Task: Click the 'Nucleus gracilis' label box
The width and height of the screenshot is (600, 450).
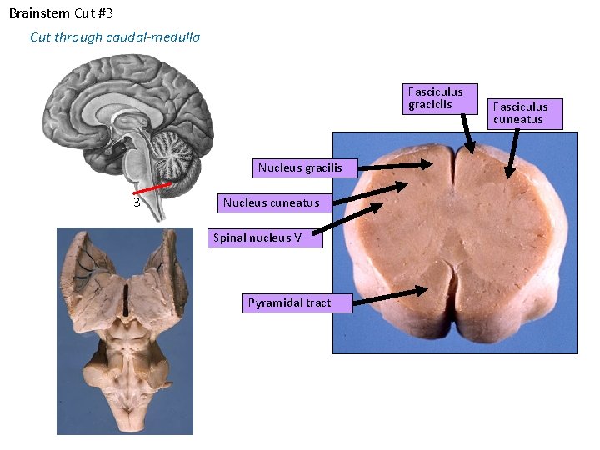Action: pos(300,167)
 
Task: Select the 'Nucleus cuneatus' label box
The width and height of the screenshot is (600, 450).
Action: pos(271,202)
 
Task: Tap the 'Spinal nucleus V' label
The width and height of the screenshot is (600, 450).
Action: pos(257,237)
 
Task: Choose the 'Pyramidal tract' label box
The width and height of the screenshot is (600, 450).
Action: pos(289,302)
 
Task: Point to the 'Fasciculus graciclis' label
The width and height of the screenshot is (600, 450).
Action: pos(436,98)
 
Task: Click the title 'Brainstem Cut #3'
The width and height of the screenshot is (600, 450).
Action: pos(61,13)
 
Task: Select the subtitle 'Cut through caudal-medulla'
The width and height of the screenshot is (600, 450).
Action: pos(115,37)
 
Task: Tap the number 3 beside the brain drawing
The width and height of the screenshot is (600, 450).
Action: pos(136,201)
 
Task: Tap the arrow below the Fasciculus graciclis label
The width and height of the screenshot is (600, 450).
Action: pos(467,133)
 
